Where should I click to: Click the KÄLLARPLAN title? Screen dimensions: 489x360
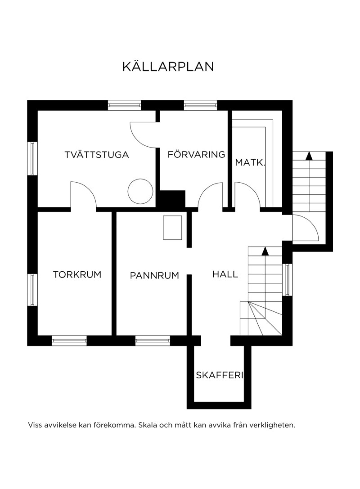168,67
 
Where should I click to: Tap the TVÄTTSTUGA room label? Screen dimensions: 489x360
97,155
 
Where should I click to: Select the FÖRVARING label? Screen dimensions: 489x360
196,155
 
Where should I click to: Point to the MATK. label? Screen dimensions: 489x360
250,163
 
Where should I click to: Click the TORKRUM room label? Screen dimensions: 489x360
77,275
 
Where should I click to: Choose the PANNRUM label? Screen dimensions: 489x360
154,275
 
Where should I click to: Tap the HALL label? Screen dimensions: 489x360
225,274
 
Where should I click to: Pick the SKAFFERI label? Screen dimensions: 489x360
219,375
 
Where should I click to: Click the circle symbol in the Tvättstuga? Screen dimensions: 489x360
140,191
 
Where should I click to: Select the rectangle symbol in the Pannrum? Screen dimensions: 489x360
172,228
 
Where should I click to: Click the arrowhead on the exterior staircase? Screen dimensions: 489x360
309,156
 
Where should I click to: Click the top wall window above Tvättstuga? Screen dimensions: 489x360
124,105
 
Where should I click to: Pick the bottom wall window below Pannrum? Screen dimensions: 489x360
153,341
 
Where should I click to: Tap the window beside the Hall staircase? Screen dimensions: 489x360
288,279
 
